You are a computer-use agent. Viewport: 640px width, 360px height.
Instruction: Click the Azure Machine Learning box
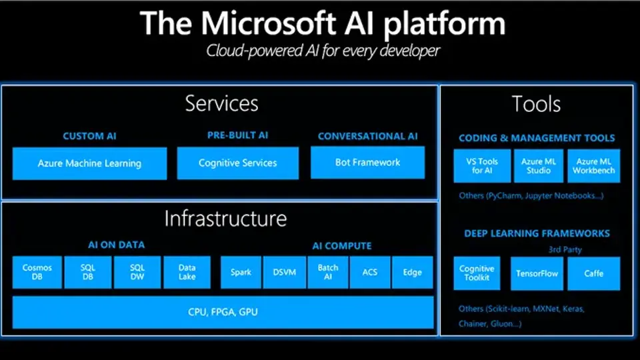tap(89, 163)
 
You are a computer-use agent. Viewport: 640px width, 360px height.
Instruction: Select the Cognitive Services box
tap(237, 163)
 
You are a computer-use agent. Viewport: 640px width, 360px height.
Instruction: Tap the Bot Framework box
tap(367, 163)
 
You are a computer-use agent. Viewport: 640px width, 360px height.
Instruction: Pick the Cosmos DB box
tap(37, 273)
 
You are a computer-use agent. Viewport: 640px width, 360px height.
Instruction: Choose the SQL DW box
tap(137, 273)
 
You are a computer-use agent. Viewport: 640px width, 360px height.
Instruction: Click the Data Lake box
tap(187, 273)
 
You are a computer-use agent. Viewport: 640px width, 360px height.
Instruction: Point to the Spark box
tap(241, 273)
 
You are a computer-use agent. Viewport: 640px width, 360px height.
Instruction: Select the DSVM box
tap(284, 273)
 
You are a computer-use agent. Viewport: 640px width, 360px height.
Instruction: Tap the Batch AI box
tap(327, 273)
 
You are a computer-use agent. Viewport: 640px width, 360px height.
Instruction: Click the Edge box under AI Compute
tap(412, 273)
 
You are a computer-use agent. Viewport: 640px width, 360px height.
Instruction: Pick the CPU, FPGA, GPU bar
tap(223, 312)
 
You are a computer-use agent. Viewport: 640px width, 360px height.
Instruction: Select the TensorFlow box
tap(537, 273)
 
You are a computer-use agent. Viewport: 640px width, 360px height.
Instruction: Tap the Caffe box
tap(594, 273)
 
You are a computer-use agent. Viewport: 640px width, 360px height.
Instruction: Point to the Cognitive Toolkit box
tap(477, 273)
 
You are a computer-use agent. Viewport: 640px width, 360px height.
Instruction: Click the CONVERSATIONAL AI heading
tap(367, 136)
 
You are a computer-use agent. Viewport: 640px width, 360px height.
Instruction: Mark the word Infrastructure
tap(225, 219)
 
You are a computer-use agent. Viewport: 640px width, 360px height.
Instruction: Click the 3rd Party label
tap(565, 249)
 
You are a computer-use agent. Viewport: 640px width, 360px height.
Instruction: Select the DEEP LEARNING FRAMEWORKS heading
tap(537, 233)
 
